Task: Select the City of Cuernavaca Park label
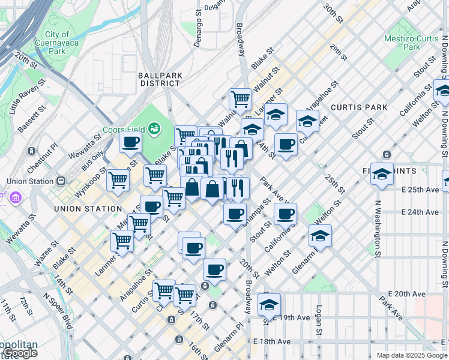tap(57, 43)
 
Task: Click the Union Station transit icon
tap(60, 181)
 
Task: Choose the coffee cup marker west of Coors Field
tap(130, 143)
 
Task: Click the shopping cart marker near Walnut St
tap(240, 98)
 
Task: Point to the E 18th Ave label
tap(273, 341)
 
